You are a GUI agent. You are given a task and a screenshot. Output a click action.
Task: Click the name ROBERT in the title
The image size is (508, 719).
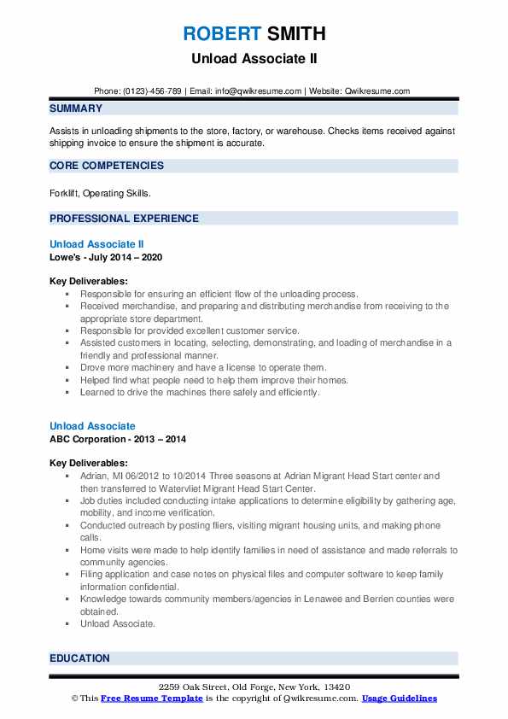[220, 34]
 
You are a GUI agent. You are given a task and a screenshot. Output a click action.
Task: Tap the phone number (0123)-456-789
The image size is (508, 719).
[151, 91]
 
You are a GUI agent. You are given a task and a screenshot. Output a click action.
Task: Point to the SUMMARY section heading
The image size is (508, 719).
[76, 108]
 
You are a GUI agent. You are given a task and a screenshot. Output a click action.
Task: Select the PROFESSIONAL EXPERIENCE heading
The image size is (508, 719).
[124, 218]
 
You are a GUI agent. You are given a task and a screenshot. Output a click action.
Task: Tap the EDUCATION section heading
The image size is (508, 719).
[79, 658]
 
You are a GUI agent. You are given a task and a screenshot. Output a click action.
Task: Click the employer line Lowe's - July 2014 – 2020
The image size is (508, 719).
[106, 257]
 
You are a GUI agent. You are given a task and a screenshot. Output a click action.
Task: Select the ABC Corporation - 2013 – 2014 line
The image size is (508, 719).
[118, 439]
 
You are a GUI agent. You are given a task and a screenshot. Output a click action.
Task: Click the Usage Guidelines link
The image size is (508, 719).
[399, 699]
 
